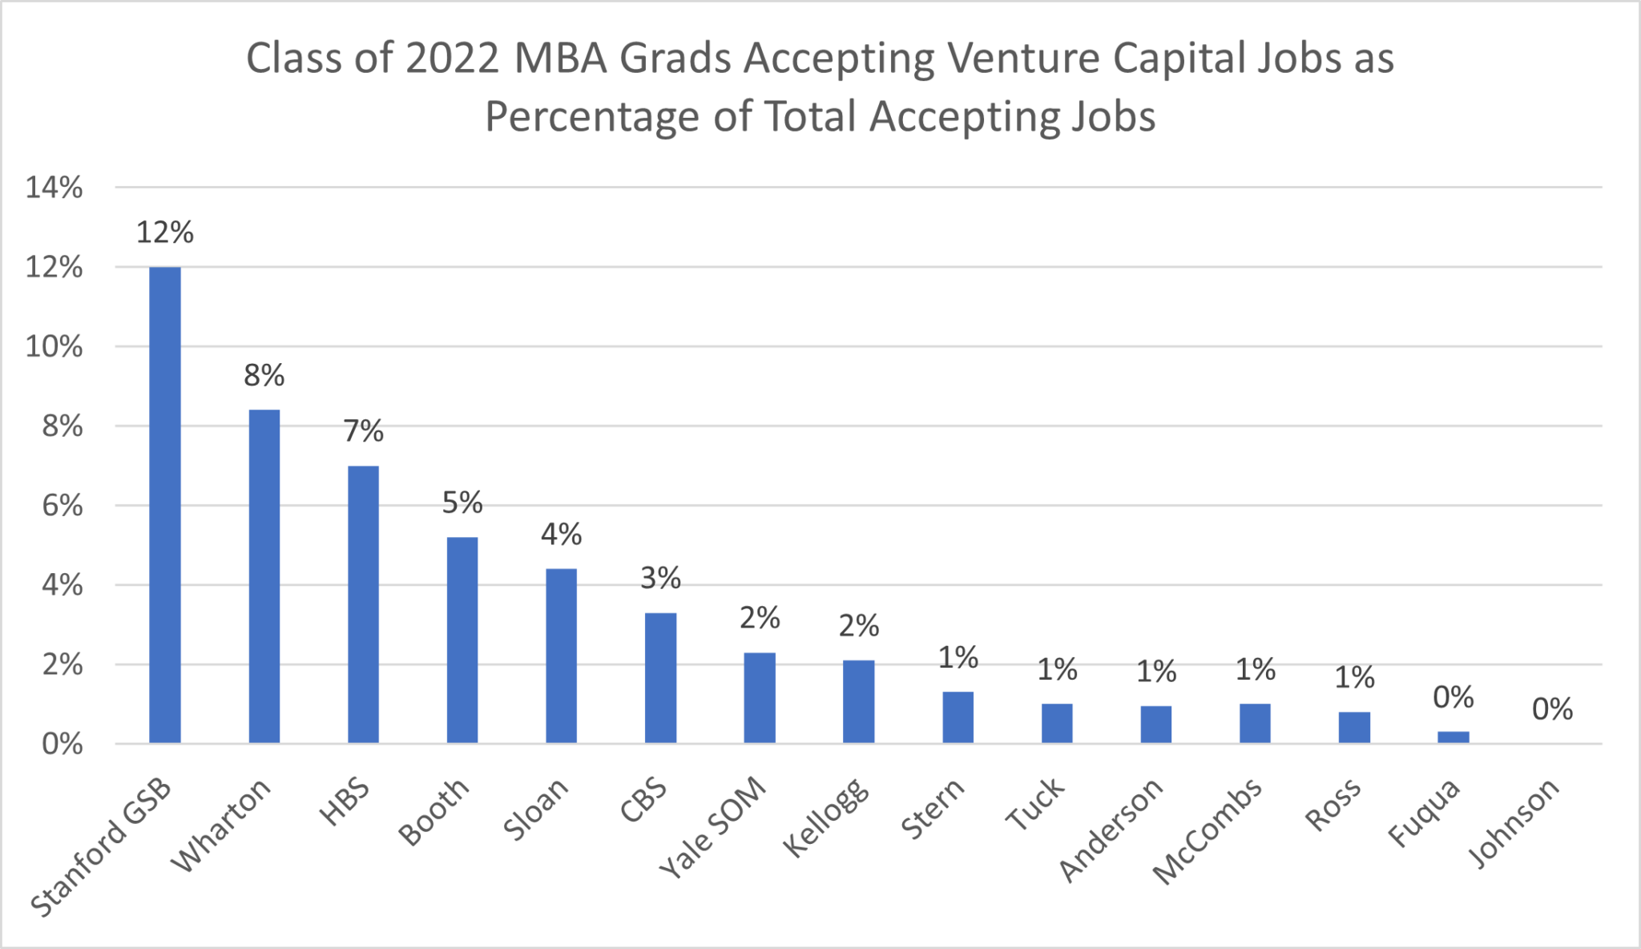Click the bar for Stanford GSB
click(165, 505)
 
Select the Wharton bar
click(264, 576)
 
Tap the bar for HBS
click(363, 604)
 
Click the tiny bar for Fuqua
click(1453, 737)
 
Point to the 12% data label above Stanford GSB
click(165, 233)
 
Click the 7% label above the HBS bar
click(363, 432)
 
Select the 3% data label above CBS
click(660, 579)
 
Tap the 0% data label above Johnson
click(1552, 710)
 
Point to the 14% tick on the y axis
click(54, 188)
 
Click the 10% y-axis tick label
click(54, 347)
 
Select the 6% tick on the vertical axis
click(62, 507)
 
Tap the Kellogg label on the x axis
click(825, 818)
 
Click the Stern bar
click(958, 717)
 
